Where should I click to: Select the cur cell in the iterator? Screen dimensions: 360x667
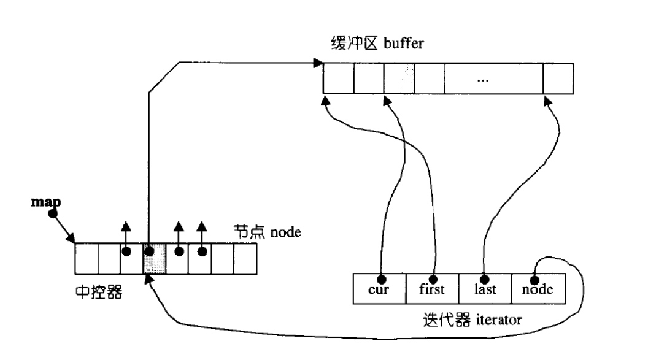pyautogui.click(x=379, y=288)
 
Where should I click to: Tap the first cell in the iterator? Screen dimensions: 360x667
pyautogui.click(x=432, y=288)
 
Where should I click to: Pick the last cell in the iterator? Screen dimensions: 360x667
pyautogui.click(x=485, y=288)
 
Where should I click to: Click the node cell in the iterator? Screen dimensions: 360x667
pyautogui.click(x=537, y=288)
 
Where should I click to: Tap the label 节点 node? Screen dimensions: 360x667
pyautogui.click(x=267, y=232)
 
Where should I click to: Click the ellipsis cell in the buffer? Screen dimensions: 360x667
pyautogui.click(x=494, y=78)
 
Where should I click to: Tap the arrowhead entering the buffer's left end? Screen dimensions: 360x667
pyautogui.click(x=318, y=63)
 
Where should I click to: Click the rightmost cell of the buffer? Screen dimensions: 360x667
pyautogui.click(x=558, y=78)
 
